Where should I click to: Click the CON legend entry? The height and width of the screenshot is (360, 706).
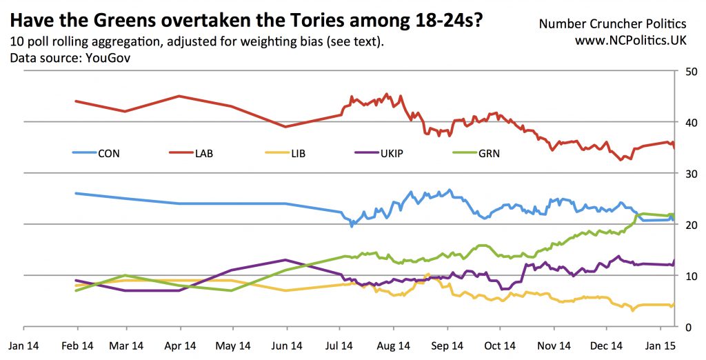tap(109, 153)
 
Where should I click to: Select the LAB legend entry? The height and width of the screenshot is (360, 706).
tap(204, 153)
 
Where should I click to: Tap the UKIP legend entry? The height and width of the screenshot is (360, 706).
tap(392, 153)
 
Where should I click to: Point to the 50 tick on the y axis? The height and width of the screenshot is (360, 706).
tap(687, 71)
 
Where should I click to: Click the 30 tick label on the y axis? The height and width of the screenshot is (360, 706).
tap(687, 173)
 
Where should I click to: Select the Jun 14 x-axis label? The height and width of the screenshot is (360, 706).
tap(285, 344)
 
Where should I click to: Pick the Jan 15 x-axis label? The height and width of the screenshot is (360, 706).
tap(660, 344)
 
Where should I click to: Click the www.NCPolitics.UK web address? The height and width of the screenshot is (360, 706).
tap(631, 41)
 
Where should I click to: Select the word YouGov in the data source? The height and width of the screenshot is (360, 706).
tap(108, 58)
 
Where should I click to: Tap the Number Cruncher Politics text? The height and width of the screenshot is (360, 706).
tap(613, 23)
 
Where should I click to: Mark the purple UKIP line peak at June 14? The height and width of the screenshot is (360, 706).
tap(285, 260)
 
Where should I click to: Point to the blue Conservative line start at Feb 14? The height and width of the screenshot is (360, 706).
tap(76, 193)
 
